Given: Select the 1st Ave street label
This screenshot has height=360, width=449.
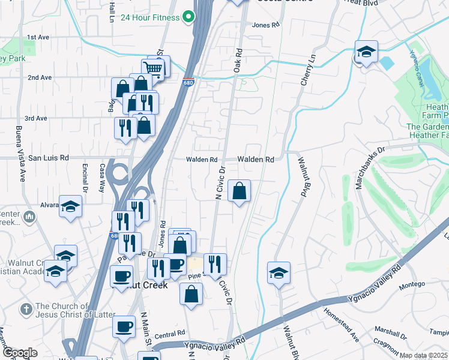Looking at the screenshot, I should pos(38,37).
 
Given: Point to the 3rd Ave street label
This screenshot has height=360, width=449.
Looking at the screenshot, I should pos(37,118).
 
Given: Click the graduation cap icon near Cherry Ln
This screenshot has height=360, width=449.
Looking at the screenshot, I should pos(365,52).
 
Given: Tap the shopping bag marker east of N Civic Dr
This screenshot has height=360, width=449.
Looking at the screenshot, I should pos(239,191).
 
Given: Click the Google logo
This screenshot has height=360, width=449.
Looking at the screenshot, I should pos(20,353).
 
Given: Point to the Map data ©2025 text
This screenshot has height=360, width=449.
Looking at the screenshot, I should pos(424,355).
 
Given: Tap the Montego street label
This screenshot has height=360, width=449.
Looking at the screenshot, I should pos(412,284).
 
